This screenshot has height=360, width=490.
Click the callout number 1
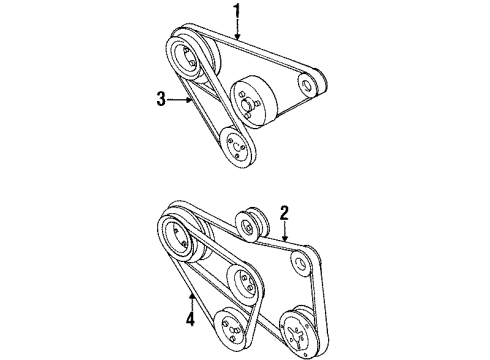point(236,11)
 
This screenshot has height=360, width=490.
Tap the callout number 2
point(284,213)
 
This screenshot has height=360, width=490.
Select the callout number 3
point(161,99)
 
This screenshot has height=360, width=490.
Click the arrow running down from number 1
point(237,30)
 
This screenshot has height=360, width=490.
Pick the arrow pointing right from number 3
point(179,99)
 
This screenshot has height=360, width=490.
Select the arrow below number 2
point(284,231)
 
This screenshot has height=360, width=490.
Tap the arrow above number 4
point(192,302)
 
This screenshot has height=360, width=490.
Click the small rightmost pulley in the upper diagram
point(312,83)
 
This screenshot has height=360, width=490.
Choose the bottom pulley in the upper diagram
point(237,147)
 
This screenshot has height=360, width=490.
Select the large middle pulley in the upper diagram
point(254,102)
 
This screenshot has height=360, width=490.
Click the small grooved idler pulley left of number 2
point(252,226)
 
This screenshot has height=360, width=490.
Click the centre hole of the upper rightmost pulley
point(307,85)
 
